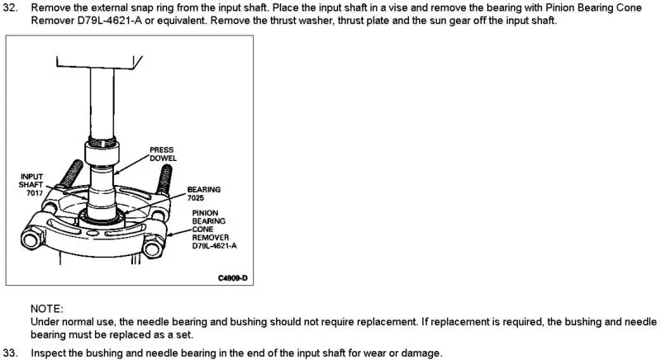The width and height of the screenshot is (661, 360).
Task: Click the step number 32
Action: pos(10,7)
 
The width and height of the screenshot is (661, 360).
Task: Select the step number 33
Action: pos(10,353)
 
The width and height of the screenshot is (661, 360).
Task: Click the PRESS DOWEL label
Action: pos(163,154)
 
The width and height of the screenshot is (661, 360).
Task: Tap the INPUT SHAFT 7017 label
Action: pos(31,185)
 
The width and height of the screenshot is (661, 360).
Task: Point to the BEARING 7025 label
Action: pos(203,194)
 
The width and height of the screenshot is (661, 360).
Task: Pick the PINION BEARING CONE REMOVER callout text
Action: pos(214,229)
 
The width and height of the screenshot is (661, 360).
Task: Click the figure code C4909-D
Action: pos(233,278)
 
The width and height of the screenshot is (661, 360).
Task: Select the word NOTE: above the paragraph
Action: pos(47,309)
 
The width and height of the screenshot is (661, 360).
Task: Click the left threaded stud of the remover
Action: pos(71,173)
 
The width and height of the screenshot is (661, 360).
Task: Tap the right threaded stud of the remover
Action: pos(164,179)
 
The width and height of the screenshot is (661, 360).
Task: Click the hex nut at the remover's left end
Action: pos(31,239)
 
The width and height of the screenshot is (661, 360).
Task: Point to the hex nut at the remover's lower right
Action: pos(153,246)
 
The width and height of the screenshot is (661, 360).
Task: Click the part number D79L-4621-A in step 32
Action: pos(110,21)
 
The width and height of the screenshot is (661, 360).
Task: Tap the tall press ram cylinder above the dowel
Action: pos(102,103)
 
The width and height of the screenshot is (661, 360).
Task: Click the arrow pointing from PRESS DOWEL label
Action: pos(131,164)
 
